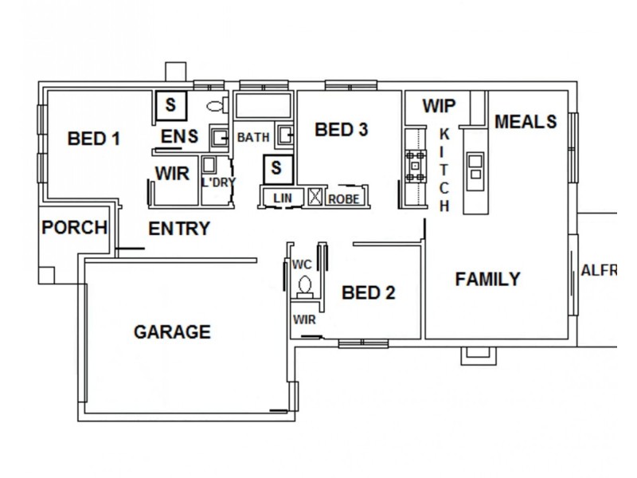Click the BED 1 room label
[x=94, y=139]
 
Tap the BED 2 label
[x=368, y=292]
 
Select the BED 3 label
[x=341, y=129]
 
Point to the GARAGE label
[x=172, y=331]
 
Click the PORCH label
[x=74, y=227]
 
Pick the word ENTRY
[x=179, y=229]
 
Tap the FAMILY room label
[x=487, y=279]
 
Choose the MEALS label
[x=526, y=122]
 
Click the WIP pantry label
[x=439, y=106]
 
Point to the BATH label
[x=253, y=138]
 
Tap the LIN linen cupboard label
[x=279, y=197]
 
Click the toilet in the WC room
[x=304, y=284]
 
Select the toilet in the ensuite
[x=214, y=106]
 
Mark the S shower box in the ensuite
[x=170, y=104]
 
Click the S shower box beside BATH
[x=276, y=168]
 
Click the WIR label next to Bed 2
[x=305, y=320]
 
